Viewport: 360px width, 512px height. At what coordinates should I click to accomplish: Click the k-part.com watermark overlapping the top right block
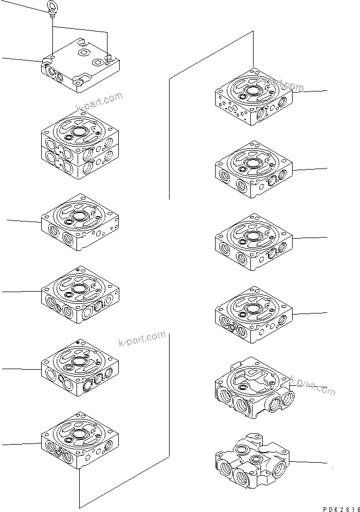click(x=280, y=83)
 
